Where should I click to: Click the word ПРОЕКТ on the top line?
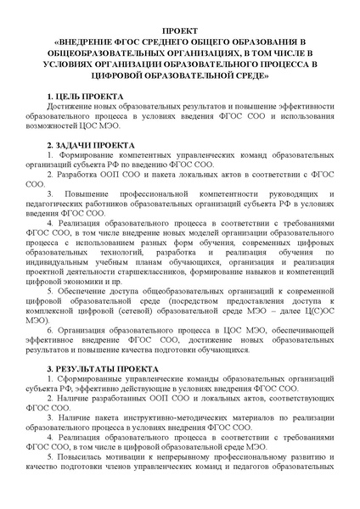(179, 28)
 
